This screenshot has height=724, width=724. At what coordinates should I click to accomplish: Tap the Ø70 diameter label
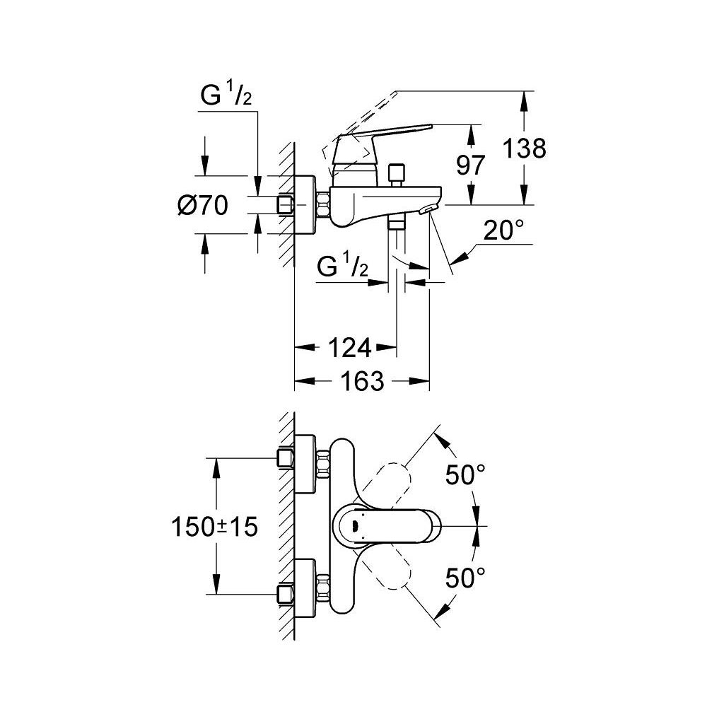point(203,206)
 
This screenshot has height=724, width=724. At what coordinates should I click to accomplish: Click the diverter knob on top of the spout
point(396,173)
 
